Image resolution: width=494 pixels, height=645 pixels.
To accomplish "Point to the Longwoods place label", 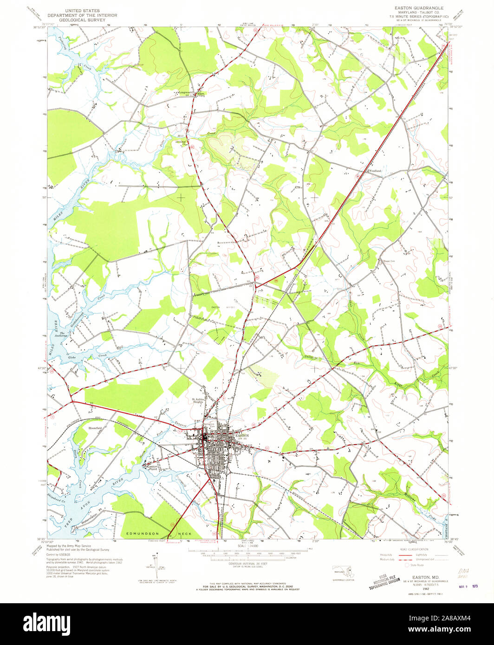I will [x=186, y=92].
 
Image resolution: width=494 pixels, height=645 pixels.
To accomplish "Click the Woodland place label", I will [x=375, y=171].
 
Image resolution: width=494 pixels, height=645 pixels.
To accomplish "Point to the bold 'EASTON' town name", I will [x=242, y=436].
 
